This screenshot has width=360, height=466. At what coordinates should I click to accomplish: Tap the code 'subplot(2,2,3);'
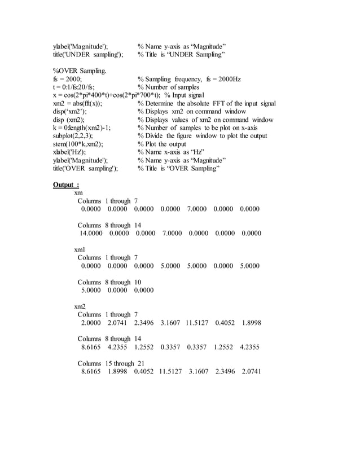tap(73, 136)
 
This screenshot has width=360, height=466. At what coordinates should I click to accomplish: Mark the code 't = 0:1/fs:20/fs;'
tap(74, 87)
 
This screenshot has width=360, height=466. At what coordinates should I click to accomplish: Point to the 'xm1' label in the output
tap(80, 249)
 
